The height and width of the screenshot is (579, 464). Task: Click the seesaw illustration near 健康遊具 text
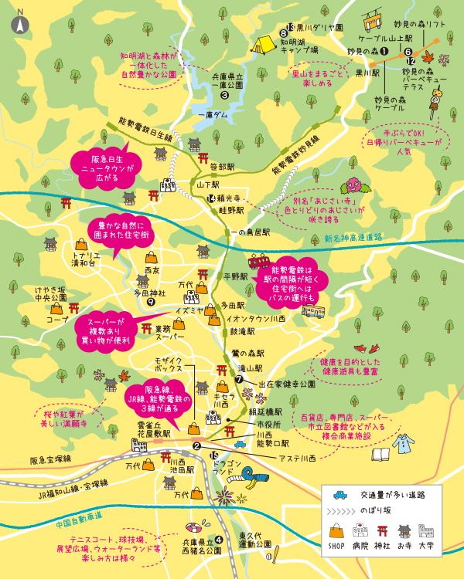coord(358,350)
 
